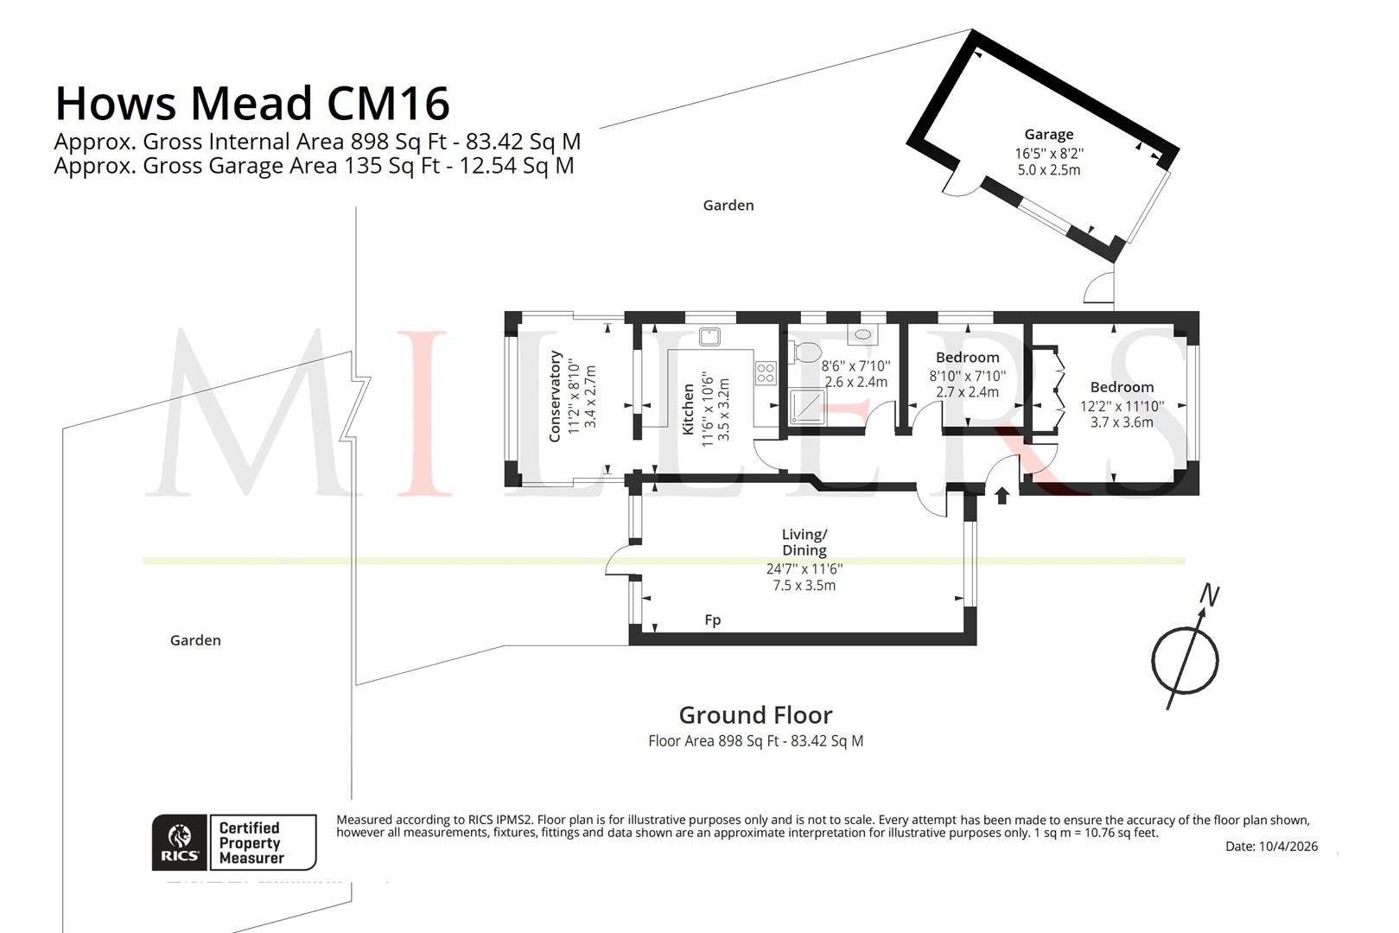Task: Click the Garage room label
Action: [1049, 134]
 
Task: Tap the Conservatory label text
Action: [555, 397]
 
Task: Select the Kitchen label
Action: [688, 409]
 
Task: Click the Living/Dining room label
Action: [804, 542]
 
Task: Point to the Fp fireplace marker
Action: [713, 620]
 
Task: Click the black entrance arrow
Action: [1002, 496]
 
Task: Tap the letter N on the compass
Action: [1210, 595]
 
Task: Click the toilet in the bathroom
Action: [804, 352]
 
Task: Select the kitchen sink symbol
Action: [709, 336]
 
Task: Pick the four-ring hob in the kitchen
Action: [766, 373]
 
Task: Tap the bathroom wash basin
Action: [862, 334]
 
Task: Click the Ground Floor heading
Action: [756, 714]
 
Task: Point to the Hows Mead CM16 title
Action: [252, 103]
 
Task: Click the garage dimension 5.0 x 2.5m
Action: [1049, 170]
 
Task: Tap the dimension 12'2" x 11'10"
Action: [1122, 406]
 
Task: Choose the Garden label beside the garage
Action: [728, 206]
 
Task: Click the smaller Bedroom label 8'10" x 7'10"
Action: [968, 358]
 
